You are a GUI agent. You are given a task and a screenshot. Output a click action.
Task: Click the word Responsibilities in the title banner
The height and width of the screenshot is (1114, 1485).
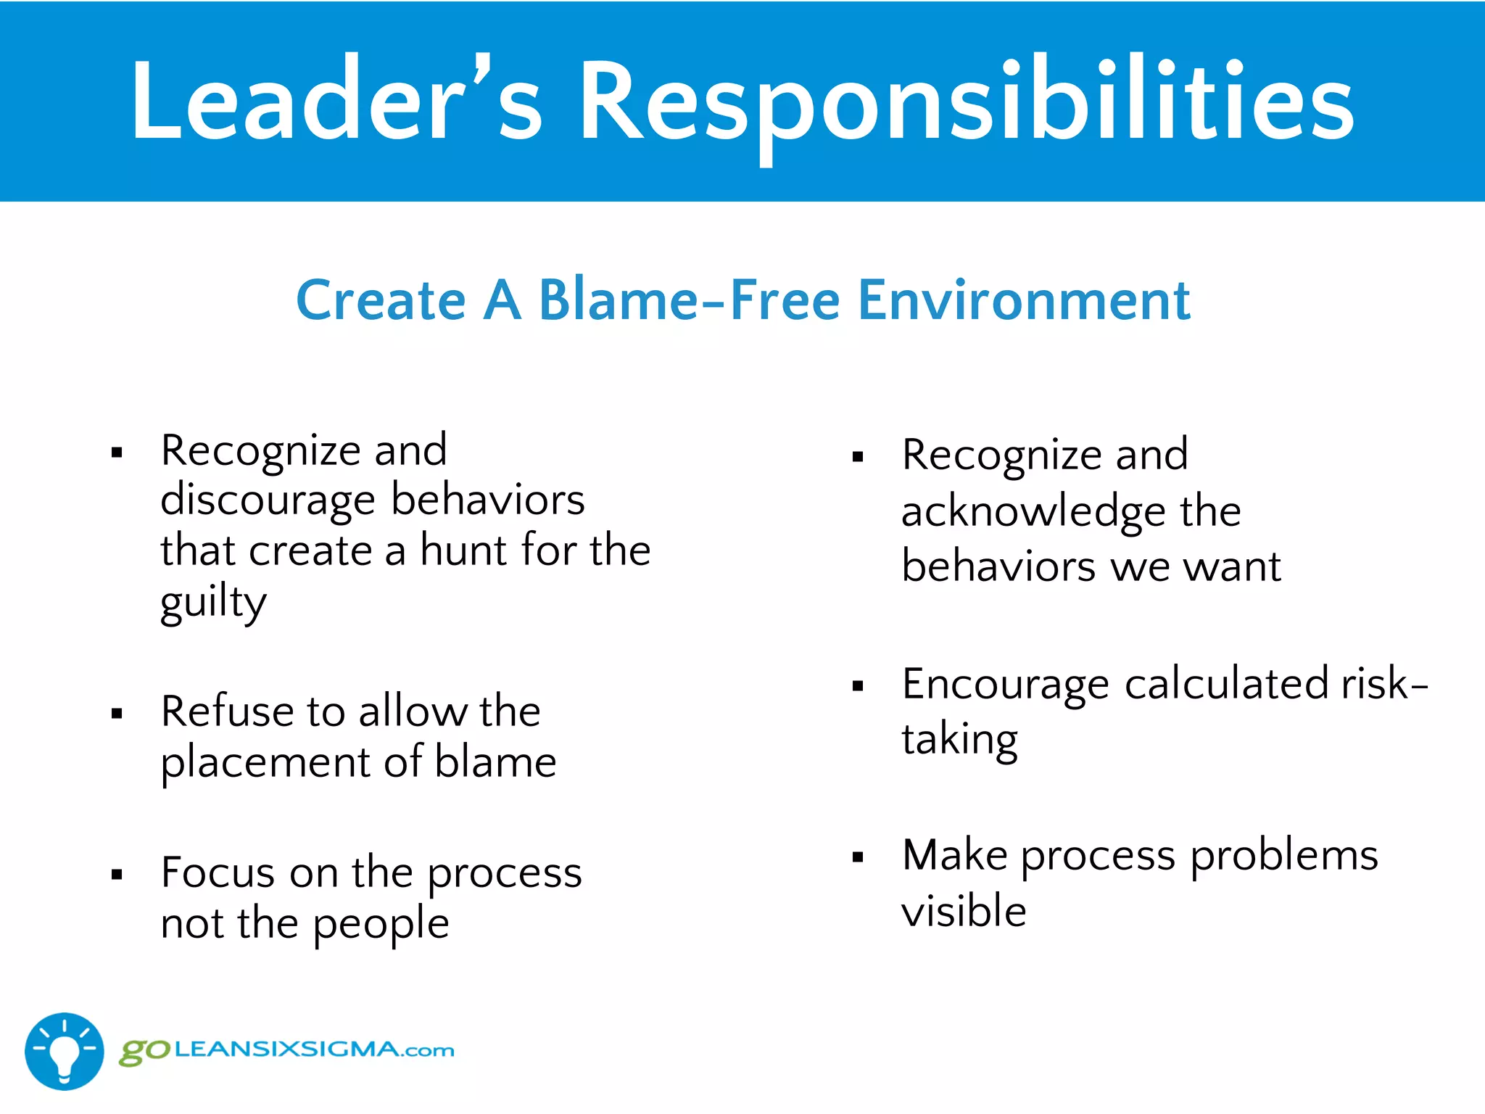pyautogui.click(x=966, y=102)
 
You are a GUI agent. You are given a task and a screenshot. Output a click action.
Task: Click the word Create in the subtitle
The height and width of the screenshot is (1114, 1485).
pyautogui.click(x=381, y=300)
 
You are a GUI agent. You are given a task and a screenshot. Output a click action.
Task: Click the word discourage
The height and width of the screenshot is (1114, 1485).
pyautogui.click(x=268, y=501)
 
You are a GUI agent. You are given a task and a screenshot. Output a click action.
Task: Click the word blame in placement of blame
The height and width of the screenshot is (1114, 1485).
pyautogui.click(x=495, y=762)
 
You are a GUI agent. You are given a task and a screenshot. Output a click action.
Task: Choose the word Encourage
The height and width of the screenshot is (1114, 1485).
pyautogui.click(x=1005, y=685)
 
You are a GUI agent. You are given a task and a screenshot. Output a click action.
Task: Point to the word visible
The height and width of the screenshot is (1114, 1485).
pyautogui.click(x=964, y=911)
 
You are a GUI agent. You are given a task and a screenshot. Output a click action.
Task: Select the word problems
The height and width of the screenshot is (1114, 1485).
pyautogui.click(x=1283, y=856)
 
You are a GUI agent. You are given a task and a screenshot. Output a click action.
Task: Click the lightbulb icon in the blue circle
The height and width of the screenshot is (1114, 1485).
pyautogui.click(x=65, y=1052)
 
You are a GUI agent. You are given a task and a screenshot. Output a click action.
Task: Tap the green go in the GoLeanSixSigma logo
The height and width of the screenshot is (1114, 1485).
pyautogui.click(x=144, y=1052)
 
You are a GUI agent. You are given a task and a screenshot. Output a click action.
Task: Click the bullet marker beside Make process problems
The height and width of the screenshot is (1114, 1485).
pyautogui.click(x=858, y=857)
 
